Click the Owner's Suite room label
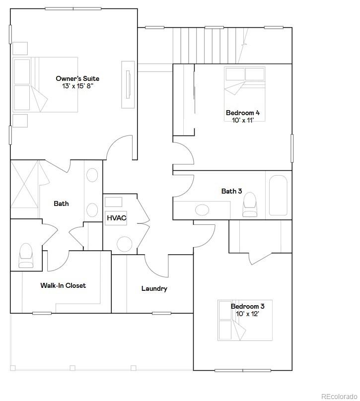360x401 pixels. tap(77, 78)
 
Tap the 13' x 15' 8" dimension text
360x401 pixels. tap(77, 86)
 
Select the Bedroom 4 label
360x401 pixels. tap(243, 113)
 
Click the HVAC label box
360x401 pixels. tap(117, 218)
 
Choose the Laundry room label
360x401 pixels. tap(154, 288)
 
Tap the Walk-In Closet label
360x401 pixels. tap(63, 285)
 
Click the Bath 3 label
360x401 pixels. tap(232, 191)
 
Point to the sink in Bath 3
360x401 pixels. tap(202, 209)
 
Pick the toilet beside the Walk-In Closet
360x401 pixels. tap(26, 255)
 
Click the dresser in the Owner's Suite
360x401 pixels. tap(128, 84)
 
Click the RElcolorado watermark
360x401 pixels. tap(339, 396)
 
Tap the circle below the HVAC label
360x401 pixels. tap(124, 244)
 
